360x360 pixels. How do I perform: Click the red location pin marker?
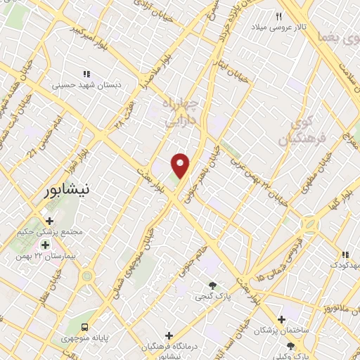181,165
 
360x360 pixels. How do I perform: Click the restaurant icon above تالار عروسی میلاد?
279,16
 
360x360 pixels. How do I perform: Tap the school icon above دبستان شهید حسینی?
87,74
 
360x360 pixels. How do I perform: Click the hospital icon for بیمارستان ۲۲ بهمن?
46,245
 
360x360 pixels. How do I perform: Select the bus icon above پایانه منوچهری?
84,327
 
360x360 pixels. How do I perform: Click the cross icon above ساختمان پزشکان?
282,319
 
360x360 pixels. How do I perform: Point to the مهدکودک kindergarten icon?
345,255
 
